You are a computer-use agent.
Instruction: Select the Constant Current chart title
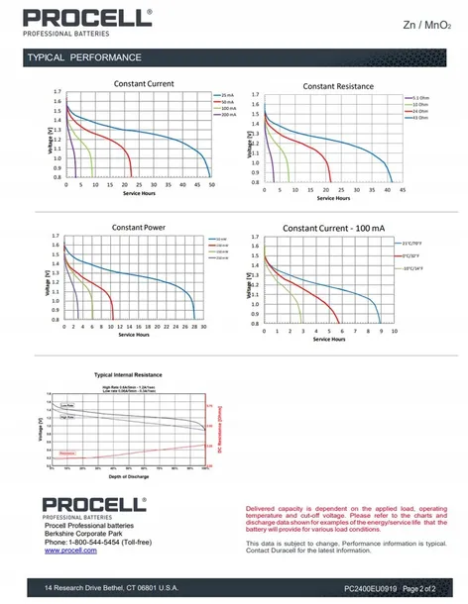[144, 84]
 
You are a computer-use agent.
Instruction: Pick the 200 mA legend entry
[230, 115]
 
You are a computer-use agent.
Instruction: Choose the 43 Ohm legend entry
[420, 118]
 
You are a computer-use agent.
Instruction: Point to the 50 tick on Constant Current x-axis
[211, 185]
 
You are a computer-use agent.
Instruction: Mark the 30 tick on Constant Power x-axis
[202, 328]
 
